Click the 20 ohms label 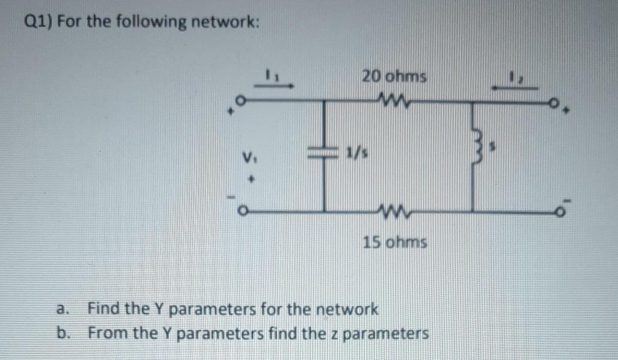coord(394,78)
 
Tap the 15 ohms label coord(395,243)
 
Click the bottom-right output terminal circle coord(560,211)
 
